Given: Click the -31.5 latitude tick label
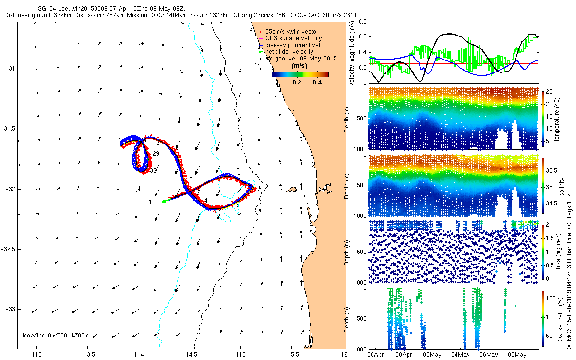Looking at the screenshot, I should tap(9, 129).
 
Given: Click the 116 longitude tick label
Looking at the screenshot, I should tap(342, 355).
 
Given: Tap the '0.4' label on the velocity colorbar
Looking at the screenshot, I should tap(317, 83).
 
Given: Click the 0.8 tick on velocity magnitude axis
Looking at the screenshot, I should tap(362, 22).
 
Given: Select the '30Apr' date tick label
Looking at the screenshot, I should tap(404, 355).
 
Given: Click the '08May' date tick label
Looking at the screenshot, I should tap(517, 355).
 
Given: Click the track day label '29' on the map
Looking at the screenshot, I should tap(156, 154).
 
